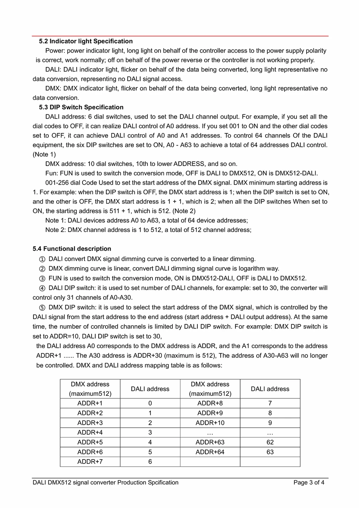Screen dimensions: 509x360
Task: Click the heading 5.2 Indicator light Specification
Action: click(x=86, y=41)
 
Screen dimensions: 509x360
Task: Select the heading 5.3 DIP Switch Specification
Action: click(x=81, y=107)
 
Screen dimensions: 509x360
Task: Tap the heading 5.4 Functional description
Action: click(x=72, y=249)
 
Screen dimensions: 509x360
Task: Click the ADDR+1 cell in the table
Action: click(x=90, y=403)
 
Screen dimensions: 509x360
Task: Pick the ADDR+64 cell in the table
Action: click(x=210, y=452)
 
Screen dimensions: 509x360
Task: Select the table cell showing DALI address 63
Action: click(x=270, y=452)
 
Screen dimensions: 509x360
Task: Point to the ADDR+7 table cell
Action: click(x=90, y=462)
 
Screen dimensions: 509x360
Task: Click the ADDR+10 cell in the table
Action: click(x=210, y=423)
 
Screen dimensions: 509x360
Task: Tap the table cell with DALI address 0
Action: click(x=150, y=403)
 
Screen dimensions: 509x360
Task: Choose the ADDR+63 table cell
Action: click(x=210, y=442)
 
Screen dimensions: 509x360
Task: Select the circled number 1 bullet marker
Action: click(x=42, y=259)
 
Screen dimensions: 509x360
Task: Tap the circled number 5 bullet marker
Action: click(x=42, y=307)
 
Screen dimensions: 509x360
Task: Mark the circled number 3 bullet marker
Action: click(x=42, y=278)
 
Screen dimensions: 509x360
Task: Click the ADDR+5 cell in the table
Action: click(x=90, y=442)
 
